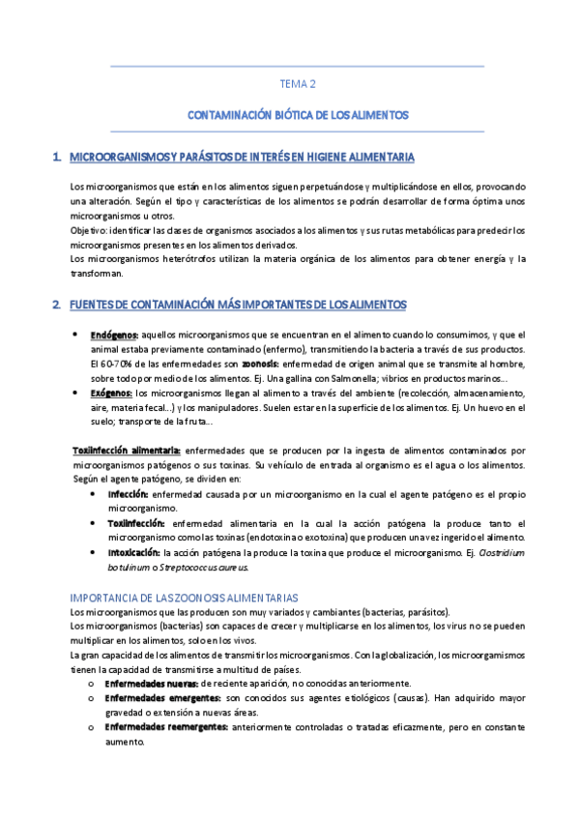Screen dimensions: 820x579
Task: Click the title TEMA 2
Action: (x=298, y=84)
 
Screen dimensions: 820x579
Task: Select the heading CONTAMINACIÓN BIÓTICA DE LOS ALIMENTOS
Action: (x=298, y=114)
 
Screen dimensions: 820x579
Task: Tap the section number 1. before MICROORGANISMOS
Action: (x=57, y=156)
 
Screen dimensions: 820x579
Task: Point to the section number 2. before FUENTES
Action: (x=57, y=305)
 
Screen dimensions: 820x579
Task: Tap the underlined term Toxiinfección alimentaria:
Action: (x=127, y=450)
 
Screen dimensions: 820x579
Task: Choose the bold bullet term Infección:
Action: (x=128, y=492)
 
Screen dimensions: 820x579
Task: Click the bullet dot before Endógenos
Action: (x=76, y=334)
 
